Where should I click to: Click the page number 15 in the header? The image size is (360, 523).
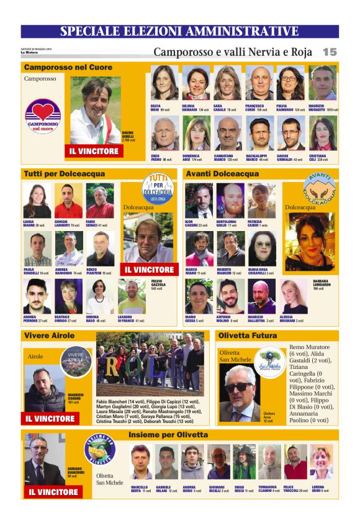click(x=330, y=52)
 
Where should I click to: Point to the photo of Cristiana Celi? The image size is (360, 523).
click(x=323, y=134)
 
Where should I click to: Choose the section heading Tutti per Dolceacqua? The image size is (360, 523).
click(x=65, y=174)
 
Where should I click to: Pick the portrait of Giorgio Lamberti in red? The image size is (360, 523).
click(x=68, y=201)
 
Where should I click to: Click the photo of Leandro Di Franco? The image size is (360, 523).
click(x=132, y=298)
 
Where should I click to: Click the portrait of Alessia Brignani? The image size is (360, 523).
click(x=294, y=298)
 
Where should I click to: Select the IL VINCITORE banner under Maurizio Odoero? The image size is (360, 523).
click(x=50, y=419)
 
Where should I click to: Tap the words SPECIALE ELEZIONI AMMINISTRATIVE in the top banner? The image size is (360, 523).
click(x=179, y=32)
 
